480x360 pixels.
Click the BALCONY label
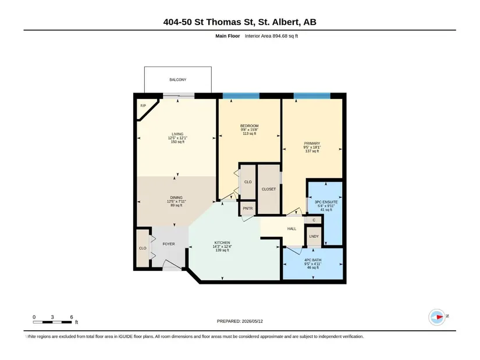178,80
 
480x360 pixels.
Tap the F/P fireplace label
143,106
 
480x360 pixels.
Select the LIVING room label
177,134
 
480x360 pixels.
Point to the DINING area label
176,198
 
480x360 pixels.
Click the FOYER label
169,244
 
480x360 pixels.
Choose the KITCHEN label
222,243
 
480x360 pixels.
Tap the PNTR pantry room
248,208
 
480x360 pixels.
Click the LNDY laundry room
314,236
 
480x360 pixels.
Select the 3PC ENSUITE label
326,202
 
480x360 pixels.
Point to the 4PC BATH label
313,260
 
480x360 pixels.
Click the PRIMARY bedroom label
312,143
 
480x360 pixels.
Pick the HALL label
291,229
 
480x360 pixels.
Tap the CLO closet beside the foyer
143,248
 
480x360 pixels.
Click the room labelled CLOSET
269,189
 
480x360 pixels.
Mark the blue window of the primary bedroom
312,96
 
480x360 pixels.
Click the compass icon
437,317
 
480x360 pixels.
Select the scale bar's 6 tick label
72,317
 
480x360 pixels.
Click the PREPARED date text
240,321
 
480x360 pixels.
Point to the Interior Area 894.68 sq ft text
271,36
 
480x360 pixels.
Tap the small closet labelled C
314,220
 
